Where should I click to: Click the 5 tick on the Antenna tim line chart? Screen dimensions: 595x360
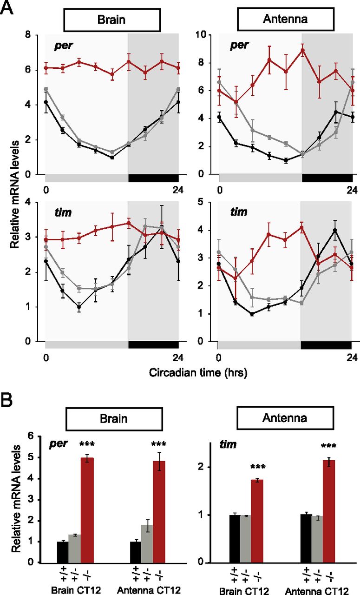pos(209,203)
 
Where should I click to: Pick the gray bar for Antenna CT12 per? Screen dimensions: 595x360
pos(148,544)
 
